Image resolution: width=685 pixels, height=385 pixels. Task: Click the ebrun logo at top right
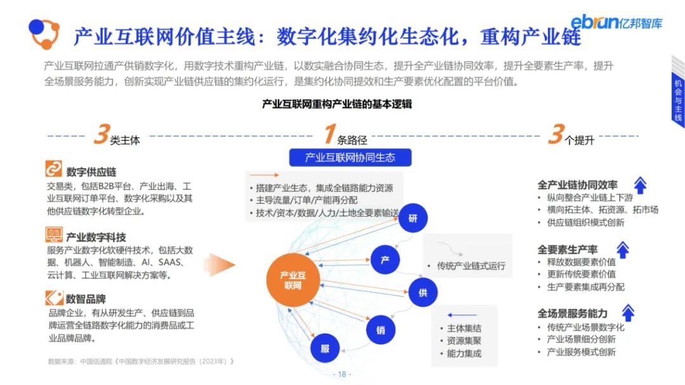pyautogui.click(x=616, y=22)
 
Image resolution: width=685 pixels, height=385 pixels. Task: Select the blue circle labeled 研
pyautogui.click(x=413, y=219)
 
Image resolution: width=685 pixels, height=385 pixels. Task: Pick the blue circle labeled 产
pyautogui.click(x=385, y=259)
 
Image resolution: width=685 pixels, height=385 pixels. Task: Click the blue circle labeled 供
pyautogui.click(x=422, y=293)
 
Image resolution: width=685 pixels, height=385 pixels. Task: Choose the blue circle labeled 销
pyautogui.click(x=381, y=330)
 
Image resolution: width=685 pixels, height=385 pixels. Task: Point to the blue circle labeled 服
pyautogui.click(x=325, y=348)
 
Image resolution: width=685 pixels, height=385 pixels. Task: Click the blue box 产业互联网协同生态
pyautogui.click(x=351, y=158)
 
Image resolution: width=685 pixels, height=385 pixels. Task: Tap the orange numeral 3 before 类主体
pyautogui.click(x=101, y=135)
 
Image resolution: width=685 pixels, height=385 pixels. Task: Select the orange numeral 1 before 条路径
pyautogui.click(x=329, y=135)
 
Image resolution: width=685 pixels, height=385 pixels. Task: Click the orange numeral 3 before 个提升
pyautogui.click(x=556, y=135)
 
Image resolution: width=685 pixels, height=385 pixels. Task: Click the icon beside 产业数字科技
pyautogui.click(x=54, y=235)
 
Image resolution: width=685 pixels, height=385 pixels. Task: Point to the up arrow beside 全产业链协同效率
pyautogui.click(x=640, y=185)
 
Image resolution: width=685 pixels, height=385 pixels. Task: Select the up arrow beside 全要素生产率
pyautogui.click(x=623, y=249)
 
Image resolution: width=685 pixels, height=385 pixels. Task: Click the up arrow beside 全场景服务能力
pyautogui.click(x=628, y=313)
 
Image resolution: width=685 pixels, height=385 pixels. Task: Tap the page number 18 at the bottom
pyautogui.click(x=342, y=374)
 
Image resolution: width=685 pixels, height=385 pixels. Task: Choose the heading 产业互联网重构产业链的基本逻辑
pyautogui.click(x=337, y=104)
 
